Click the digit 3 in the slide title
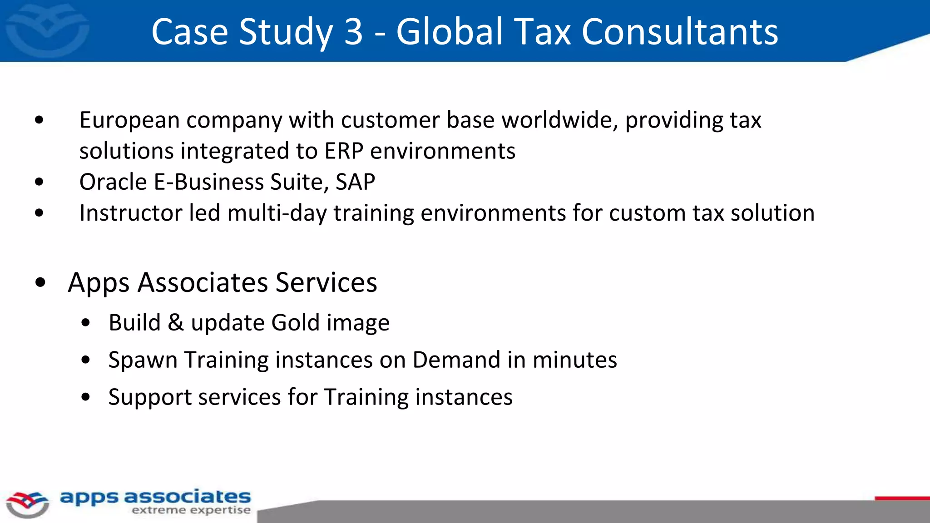tap(353, 32)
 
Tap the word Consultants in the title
tap(680, 32)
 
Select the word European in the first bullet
tap(130, 120)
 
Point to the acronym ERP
tap(344, 151)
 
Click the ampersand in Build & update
tap(176, 323)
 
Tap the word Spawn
tap(143, 360)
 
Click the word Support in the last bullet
tap(150, 397)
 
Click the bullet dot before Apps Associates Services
tap(40, 282)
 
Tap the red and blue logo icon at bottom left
tap(27, 504)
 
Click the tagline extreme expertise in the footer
tap(191, 510)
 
